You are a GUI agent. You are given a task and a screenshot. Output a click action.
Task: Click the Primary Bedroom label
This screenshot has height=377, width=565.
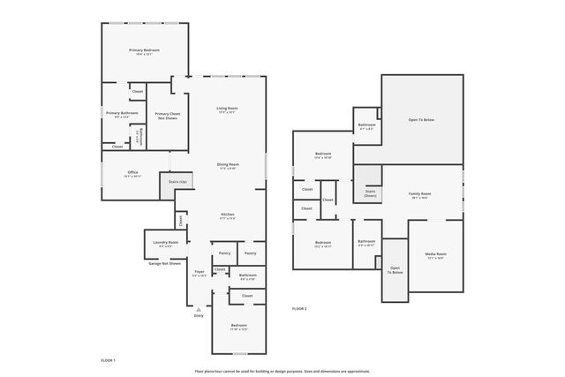(144, 52)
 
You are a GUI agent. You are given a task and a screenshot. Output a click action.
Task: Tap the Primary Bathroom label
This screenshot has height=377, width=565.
(122, 115)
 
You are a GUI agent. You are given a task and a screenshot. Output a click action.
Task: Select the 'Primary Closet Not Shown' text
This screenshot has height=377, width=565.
(168, 116)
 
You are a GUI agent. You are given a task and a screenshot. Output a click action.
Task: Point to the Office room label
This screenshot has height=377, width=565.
(132, 174)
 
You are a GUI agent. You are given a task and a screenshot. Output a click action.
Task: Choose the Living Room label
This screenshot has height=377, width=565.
(228, 109)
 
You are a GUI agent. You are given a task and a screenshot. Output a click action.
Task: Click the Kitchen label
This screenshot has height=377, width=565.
(227, 216)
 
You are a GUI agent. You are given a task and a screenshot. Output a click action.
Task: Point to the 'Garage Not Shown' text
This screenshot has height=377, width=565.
(165, 263)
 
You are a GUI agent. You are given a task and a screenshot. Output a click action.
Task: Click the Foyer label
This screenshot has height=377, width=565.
(199, 274)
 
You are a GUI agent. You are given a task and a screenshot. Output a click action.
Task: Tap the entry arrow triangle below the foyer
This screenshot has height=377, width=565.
(199, 310)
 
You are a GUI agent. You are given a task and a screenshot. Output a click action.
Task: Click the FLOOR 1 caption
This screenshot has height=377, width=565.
(108, 360)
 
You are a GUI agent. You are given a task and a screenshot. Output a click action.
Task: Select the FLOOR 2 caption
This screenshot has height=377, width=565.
(299, 308)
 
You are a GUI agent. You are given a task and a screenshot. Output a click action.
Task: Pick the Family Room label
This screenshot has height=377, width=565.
(419, 195)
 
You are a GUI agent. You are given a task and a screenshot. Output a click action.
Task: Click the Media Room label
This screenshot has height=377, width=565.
(436, 257)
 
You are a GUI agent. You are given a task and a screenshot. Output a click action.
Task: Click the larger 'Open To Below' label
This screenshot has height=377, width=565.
(421, 119)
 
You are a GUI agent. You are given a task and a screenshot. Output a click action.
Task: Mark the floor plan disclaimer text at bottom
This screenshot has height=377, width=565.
(283, 372)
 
